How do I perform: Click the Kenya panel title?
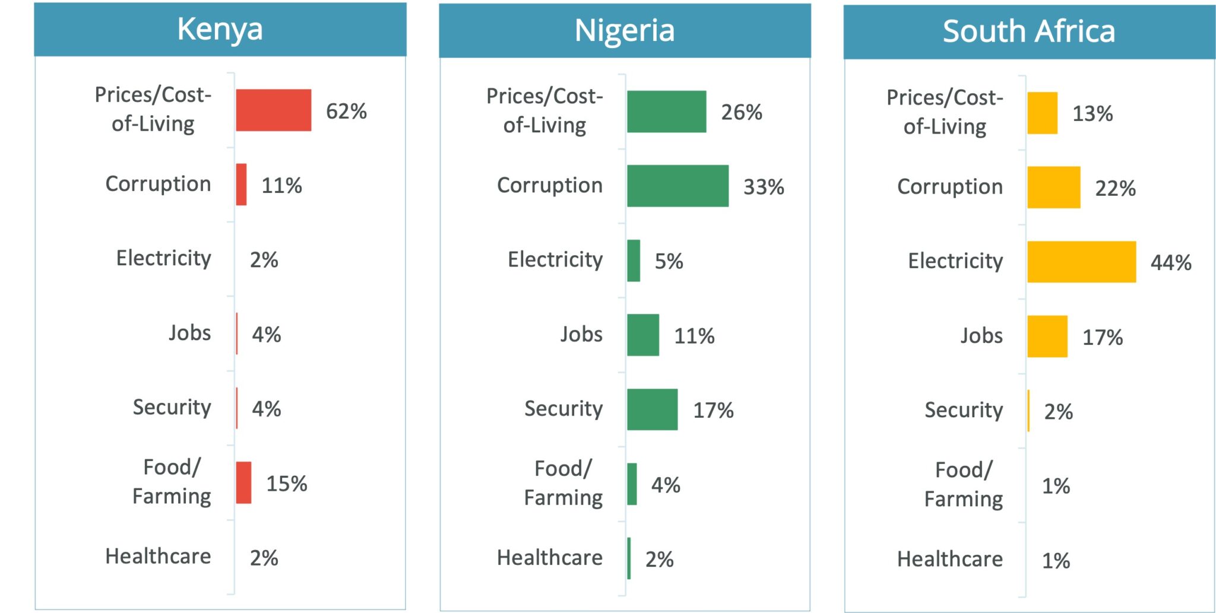[220, 29]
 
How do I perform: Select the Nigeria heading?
[625, 30]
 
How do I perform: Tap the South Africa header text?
[1029, 31]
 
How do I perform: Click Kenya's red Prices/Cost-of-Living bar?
[273, 110]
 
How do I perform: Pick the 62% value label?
[346, 111]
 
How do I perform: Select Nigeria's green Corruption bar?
[677, 186]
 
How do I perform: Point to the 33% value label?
[764, 187]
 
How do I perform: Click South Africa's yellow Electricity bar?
[1081, 262]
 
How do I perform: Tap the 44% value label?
[1171, 262]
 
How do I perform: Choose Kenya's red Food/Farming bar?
[243, 482]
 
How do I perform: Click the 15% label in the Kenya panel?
[286, 484]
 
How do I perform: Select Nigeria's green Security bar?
[652, 409]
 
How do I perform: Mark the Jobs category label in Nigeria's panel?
[581, 334]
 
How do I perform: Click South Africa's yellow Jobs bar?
[1047, 336]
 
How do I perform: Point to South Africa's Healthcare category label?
[950, 559]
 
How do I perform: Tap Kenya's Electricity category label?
[164, 258]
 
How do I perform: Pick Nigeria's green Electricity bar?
[634, 261]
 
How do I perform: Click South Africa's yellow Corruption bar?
[1054, 188]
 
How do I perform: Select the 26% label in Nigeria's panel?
[742, 112]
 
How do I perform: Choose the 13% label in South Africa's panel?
[1092, 113]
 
